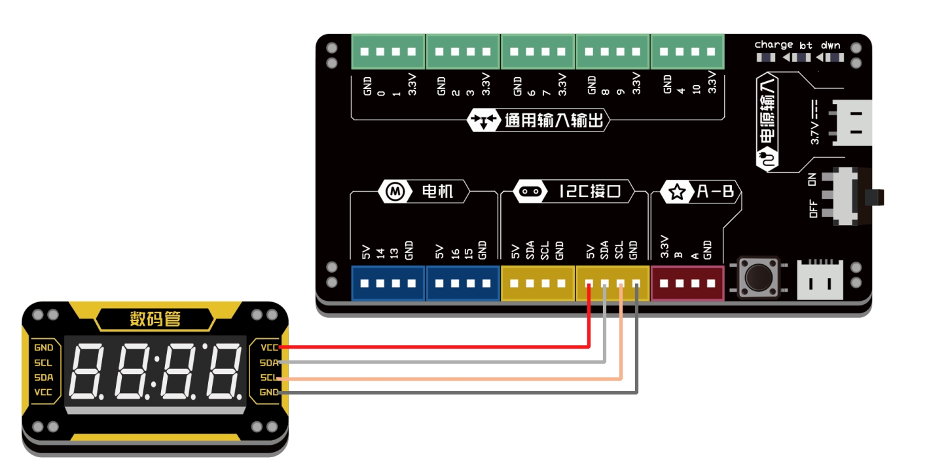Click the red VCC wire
[432, 347]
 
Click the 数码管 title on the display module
[155, 319]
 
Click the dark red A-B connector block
[687, 283]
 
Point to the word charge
[773, 45]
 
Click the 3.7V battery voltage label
[815, 131]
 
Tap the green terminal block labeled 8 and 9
[613, 52]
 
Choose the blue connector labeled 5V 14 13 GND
[388, 283]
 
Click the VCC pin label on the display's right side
[269, 347]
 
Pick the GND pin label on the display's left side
[44, 347]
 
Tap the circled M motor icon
[395, 192]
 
